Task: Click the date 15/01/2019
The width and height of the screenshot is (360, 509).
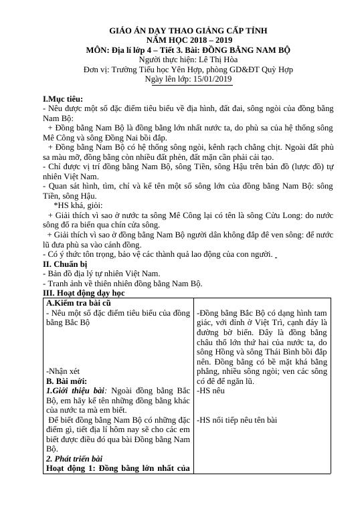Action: [x=210, y=79]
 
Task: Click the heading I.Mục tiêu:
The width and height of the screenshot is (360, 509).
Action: [x=63, y=98]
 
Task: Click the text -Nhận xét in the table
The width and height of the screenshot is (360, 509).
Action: [x=63, y=369]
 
